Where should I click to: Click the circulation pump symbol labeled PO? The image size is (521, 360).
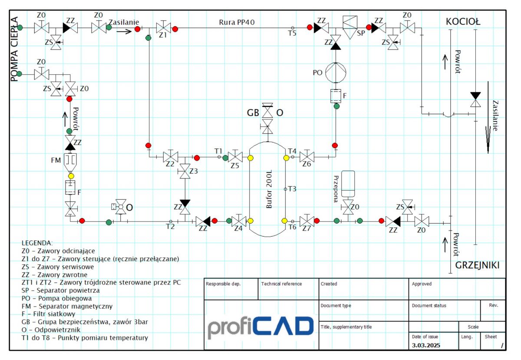[335, 73]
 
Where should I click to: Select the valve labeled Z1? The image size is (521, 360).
[163, 28]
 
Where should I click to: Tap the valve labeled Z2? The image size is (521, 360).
[171, 157]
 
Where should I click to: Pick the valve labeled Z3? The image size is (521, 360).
[185, 171]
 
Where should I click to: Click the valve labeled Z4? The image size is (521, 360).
[239, 221]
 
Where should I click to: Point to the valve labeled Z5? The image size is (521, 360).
[235, 157]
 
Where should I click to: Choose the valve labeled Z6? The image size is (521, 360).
[307, 157]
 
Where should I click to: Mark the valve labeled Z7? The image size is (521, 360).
[307, 221]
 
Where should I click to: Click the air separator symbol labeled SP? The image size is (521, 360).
[350, 27]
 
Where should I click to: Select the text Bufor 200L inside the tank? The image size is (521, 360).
[269, 189]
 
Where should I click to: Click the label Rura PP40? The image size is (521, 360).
[237, 22]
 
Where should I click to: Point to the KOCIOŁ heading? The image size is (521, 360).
[463, 22]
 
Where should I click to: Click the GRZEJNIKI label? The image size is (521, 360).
[477, 265]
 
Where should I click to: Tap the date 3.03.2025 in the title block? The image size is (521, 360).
[426, 345]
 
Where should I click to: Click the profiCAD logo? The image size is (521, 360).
[260, 327]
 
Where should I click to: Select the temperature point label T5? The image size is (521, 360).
[292, 33]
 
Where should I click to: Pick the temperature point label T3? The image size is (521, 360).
[292, 189]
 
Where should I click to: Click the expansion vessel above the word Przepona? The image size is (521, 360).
[348, 184]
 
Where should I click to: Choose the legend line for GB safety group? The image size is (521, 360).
[85, 322]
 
